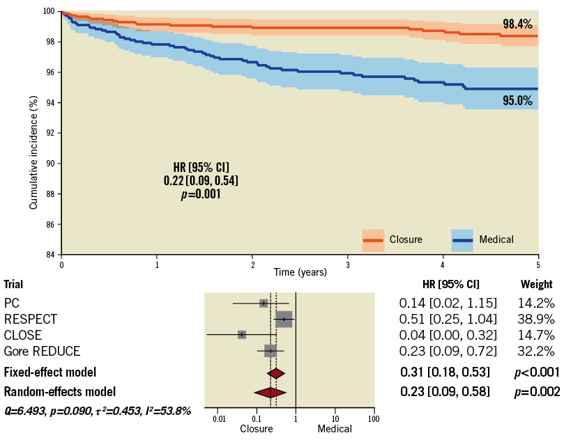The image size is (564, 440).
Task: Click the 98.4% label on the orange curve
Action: click(517, 24)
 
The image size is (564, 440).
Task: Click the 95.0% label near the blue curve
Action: click(517, 101)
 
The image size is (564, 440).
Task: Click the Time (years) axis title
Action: click(299, 272)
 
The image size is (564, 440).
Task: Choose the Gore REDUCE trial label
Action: click(42, 351)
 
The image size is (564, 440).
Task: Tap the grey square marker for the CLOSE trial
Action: click(242, 335)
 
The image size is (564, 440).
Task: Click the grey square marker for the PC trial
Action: click(264, 303)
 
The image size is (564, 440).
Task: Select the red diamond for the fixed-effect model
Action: click(276, 373)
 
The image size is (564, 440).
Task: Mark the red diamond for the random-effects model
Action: click(270, 393)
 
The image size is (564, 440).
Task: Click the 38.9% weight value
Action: click(536, 319)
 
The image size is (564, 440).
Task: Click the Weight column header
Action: click(536, 284)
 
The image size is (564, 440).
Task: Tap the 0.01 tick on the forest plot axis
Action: click(219, 420)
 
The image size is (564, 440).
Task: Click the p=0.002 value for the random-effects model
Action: click(536, 392)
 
